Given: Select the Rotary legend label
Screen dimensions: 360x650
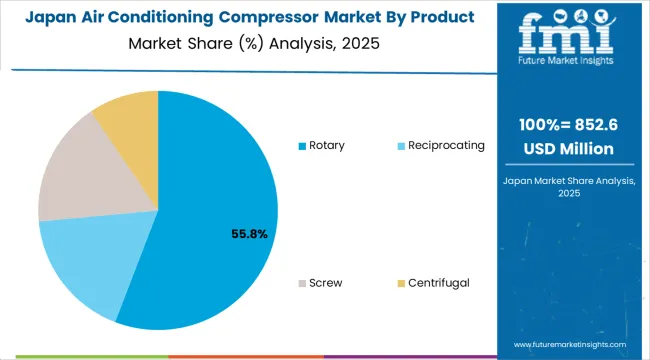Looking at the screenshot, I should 327,145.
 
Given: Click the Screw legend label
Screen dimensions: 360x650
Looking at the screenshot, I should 325,283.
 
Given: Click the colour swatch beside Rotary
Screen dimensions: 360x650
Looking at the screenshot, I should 302,146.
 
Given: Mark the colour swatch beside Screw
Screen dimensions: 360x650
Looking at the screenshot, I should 302,284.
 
